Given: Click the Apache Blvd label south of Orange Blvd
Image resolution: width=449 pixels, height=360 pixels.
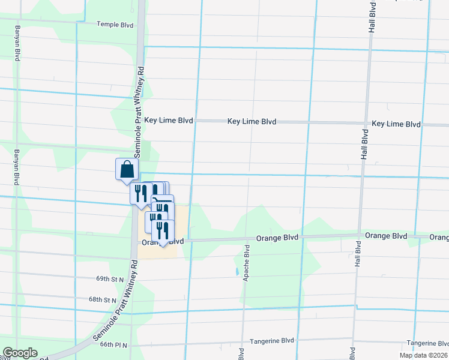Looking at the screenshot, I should click(246, 263).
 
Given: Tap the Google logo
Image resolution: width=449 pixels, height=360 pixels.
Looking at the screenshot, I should click(20, 352).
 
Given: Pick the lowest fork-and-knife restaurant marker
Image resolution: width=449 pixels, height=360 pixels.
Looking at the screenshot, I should click(163, 231).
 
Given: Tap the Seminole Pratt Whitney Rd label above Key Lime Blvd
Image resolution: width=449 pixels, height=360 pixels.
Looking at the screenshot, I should click(139, 90).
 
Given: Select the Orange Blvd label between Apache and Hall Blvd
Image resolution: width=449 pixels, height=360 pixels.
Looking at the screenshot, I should click(277, 238).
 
